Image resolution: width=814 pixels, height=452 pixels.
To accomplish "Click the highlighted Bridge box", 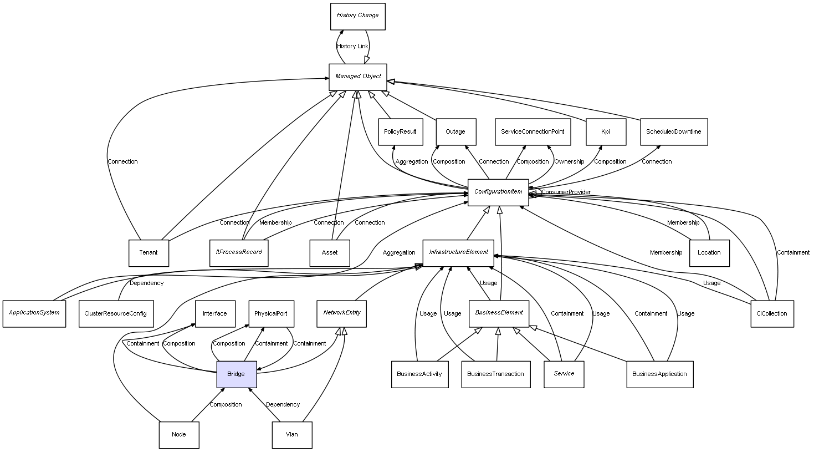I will (x=236, y=374).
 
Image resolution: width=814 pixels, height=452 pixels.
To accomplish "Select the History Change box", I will (x=357, y=16).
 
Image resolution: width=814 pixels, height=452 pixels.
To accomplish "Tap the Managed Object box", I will (x=358, y=77).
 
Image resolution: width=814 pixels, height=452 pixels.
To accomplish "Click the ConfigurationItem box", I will (x=498, y=192).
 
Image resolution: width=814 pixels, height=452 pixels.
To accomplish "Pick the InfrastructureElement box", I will (x=458, y=252).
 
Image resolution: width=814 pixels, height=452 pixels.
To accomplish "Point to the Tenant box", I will (x=149, y=253).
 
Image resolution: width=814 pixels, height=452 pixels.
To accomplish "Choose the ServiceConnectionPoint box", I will (x=533, y=132).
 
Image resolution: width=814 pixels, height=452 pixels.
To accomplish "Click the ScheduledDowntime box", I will (x=673, y=132).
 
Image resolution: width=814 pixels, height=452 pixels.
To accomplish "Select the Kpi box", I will (x=606, y=132).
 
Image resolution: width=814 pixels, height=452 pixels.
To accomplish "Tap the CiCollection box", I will (x=771, y=313).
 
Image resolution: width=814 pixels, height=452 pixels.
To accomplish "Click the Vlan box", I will (x=292, y=435).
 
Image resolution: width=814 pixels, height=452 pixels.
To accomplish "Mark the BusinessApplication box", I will (x=659, y=374).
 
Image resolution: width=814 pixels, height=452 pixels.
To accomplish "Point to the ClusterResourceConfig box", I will (x=115, y=314).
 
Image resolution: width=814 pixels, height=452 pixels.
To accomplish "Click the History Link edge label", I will (x=352, y=47).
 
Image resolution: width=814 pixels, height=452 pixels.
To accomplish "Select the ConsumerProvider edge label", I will (x=566, y=192).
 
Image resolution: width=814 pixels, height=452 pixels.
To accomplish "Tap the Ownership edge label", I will (x=569, y=162).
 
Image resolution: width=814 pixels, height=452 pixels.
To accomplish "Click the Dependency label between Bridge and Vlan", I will (x=283, y=405).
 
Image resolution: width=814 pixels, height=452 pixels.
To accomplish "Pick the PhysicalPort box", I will (x=270, y=314).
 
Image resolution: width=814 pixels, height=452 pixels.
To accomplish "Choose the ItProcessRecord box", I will (x=239, y=253).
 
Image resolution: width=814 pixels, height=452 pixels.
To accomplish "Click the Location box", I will (x=709, y=253).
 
